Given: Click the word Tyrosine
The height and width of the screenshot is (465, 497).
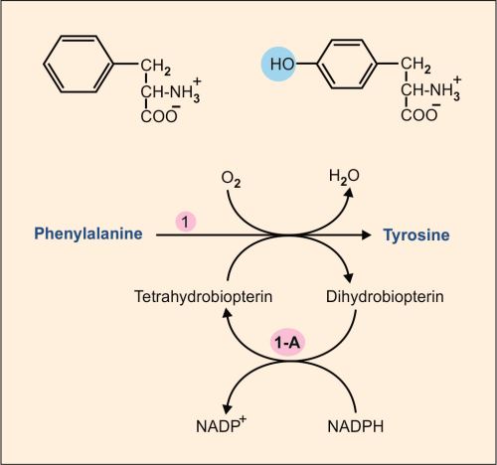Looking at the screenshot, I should [418, 234].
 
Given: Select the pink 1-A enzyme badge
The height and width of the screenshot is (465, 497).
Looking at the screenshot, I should [290, 342].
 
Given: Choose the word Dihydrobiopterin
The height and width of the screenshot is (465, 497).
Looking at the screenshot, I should [383, 296].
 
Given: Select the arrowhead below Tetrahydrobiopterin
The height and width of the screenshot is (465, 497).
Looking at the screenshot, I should [229, 319].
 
